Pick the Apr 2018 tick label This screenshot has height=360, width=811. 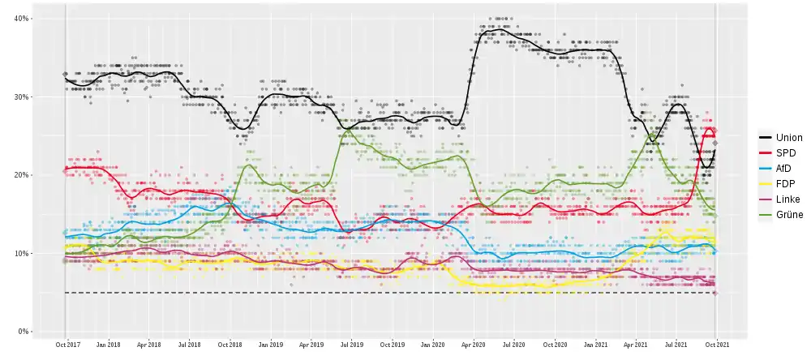tap(148, 344)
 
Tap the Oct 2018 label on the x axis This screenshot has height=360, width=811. tap(230, 344)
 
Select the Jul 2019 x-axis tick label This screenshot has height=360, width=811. tap(351, 344)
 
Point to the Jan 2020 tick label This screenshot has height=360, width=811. tap(432, 344)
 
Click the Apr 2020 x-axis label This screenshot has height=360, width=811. tap(474, 344)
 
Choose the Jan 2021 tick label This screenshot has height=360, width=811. tap(595, 344)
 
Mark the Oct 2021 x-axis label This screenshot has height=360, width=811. tap(715, 344)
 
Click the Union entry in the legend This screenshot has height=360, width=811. tap(788, 138)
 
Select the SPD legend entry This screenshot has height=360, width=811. tap(786, 153)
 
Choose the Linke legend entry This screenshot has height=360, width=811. tap(787, 199)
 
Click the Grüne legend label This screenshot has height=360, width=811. tap(788, 215)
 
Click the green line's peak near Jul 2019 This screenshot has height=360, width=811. tap(347, 130)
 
